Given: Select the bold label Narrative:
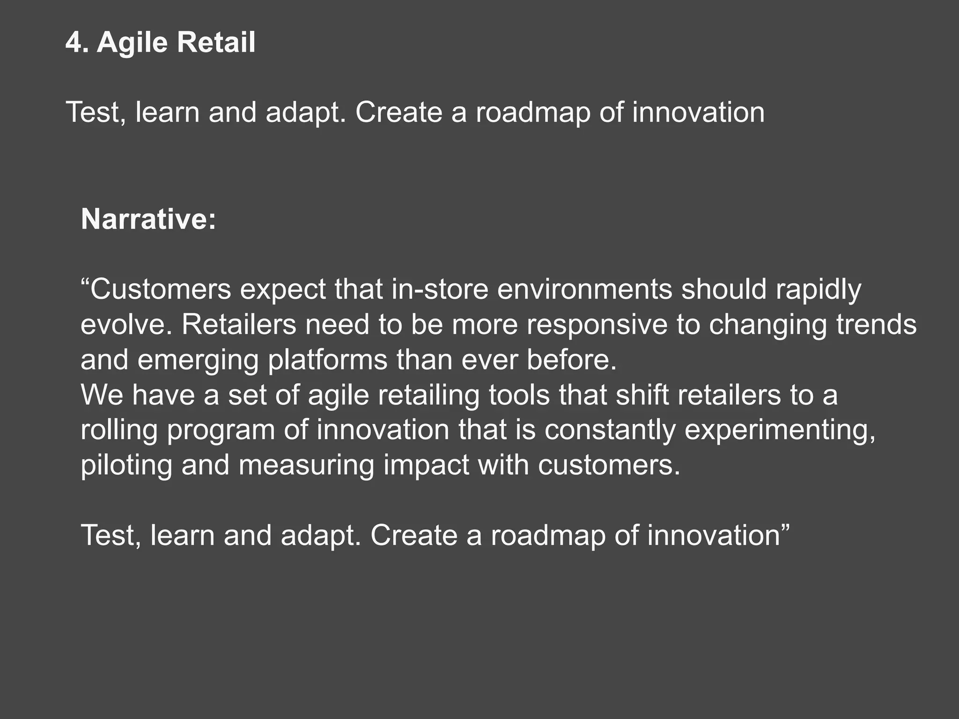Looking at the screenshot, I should point(148,219).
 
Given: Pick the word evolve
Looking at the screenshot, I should point(123,324).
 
